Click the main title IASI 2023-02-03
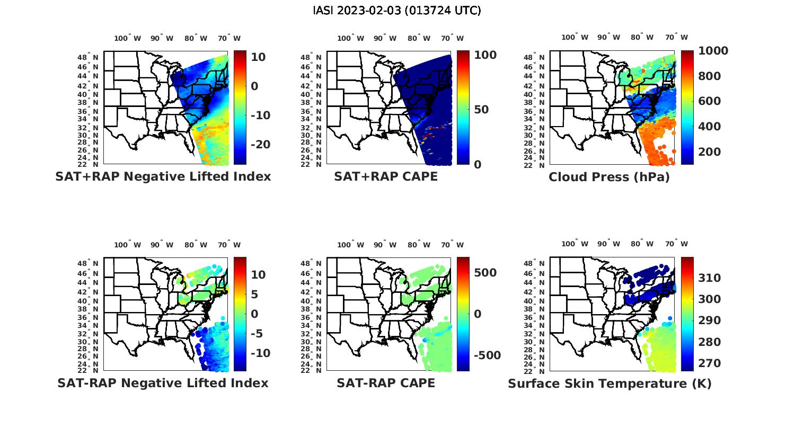[x=397, y=11]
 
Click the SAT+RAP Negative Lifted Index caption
[x=163, y=177]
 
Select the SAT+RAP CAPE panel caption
[x=386, y=177]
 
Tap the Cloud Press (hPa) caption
[x=609, y=177]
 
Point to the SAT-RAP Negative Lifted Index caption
[x=163, y=383]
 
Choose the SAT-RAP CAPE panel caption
[x=386, y=383]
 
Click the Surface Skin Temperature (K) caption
[x=609, y=383]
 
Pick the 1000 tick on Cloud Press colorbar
[x=713, y=51]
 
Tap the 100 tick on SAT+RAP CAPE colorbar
[x=485, y=55]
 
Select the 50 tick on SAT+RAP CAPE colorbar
[x=481, y=110]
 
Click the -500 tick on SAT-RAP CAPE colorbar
[x=487, y=355]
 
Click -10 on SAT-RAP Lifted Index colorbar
[x=260, y=353]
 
